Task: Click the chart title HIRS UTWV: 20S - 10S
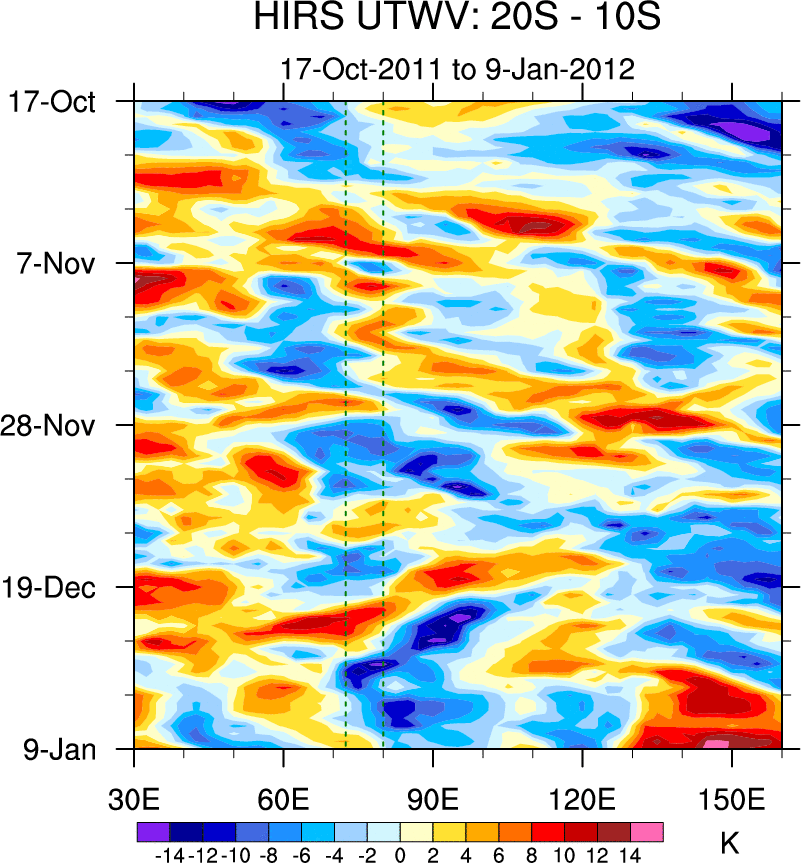pyautogui.click(x=457, y=18)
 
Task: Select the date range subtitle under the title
pyautogui.click(x=457, y=70)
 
